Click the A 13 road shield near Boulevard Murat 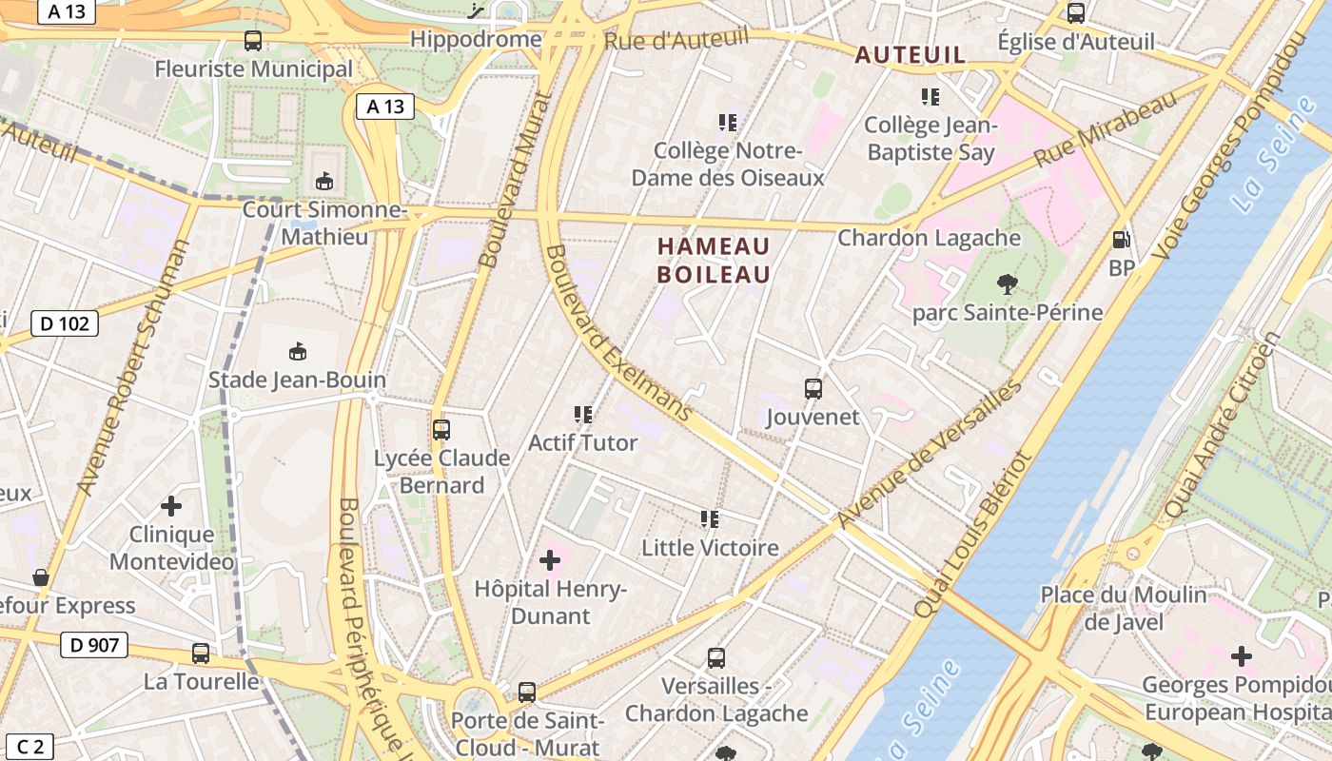385,107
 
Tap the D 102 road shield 65,323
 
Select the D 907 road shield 94,645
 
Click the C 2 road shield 30,747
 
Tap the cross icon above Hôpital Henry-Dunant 550,560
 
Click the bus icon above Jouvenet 813,388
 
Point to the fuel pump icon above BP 1122,240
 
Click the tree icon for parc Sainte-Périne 1007,283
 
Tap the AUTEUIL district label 910,55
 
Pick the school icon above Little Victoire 710,519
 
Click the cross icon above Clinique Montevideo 171,505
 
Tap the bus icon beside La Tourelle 201,654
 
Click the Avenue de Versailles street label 930,454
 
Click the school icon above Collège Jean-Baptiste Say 930,96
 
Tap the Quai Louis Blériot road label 972,535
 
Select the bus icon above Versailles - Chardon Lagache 716,657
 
